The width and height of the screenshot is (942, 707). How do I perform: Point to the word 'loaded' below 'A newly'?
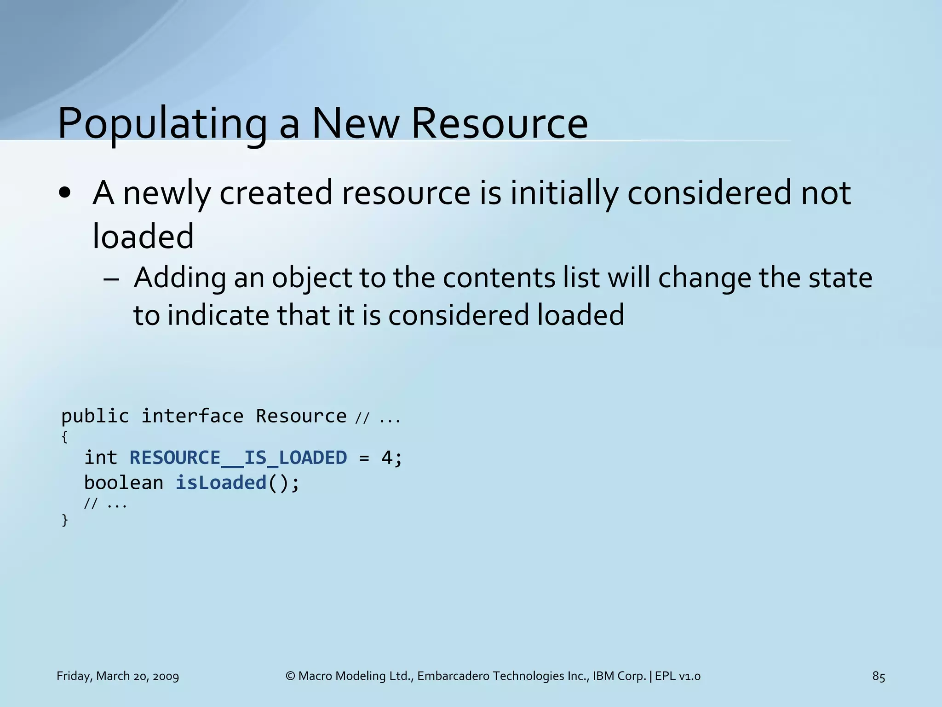coord(143,236)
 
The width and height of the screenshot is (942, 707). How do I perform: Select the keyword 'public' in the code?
coord(95,416)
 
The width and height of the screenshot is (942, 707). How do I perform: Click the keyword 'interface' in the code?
coord(192,416)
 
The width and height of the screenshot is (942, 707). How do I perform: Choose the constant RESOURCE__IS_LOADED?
coord(238,458)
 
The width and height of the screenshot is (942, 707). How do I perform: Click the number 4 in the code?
coord(386,458)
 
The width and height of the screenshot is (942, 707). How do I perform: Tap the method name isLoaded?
coord(221,482)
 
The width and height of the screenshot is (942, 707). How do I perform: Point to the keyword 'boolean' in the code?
coord(124,482)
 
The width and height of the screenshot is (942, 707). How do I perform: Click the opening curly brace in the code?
coord(64,437)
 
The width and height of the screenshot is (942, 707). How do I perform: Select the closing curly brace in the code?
coord(64,520)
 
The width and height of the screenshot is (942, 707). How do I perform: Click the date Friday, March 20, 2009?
coord(118,676)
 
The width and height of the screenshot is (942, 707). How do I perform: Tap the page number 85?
coord(879,676)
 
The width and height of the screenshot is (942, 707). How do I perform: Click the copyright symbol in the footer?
coord(290,676)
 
